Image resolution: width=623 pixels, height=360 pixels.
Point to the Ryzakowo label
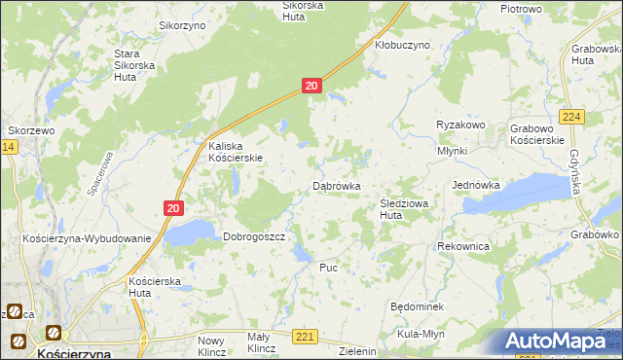(x=460, y=126)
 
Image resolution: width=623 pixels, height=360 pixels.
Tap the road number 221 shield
(x=306, y=337)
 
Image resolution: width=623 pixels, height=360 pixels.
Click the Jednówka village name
(x=476, y=185)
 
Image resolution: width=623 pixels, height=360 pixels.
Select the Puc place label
(x=328, y=266)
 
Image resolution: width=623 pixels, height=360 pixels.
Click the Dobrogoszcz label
(x=253, y=236)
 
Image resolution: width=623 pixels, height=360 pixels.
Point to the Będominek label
(x=417, y=306)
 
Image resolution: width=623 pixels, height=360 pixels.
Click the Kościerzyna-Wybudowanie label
(x=87, y=238)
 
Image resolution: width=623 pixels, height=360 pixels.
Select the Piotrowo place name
(x=520, y=8)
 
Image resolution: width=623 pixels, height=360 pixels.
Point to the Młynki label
(x=453, y=151)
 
